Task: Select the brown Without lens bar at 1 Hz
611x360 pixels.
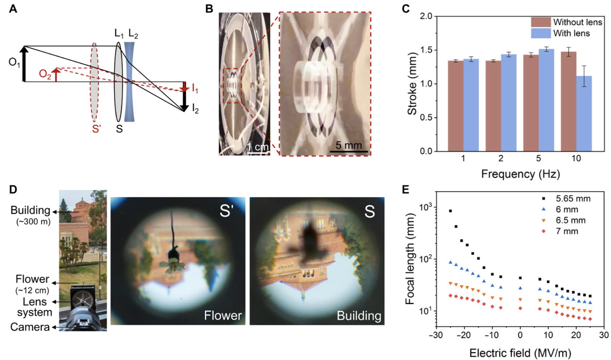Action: point(455,106)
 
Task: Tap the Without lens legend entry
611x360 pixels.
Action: point(566,22)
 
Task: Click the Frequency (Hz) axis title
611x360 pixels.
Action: point(520,174)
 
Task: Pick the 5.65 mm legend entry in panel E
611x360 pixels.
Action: point(566,199)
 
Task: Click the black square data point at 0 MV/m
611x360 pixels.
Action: point(520,278)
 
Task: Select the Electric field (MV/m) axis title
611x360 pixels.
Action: point(520,353)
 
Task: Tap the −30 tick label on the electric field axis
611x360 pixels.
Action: point(436,335)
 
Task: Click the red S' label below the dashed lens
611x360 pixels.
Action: point(96,129)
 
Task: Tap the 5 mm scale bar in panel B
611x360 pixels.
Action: point(348,151)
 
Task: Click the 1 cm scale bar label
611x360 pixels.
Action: point(258,147)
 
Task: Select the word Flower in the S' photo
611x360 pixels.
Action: point(223,315)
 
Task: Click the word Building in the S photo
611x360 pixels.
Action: point(359,315)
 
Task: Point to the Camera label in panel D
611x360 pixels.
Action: point(30,327)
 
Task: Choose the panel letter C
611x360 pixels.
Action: point(405,9)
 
